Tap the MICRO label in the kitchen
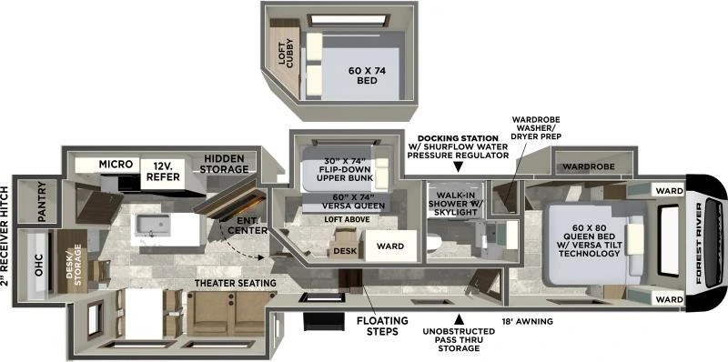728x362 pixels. [x=116, y=164]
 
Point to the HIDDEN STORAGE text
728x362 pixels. [x=225, y=163]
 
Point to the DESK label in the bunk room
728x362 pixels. [x=344, y=249]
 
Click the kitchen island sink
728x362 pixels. [x=147, y=224]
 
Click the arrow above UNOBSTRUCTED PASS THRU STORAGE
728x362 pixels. [x=460, y=319]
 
